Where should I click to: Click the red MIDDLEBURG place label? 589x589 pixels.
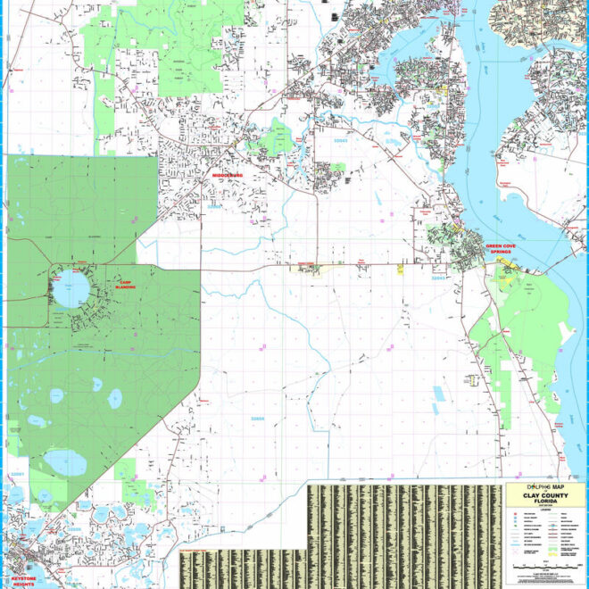(228, 176)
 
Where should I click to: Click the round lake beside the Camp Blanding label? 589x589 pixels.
(71, 289)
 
